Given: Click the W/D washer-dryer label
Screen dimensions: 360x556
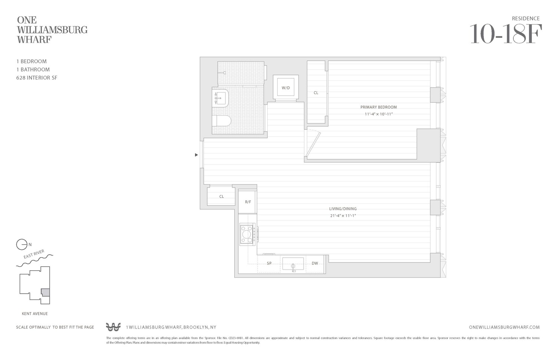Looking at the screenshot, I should click(x=285, y=88).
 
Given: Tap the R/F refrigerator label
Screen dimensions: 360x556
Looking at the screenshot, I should click(x=248, y=202).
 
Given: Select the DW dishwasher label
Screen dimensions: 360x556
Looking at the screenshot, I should click(x=315, y=264).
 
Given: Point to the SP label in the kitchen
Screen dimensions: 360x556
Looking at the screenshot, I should click(x=269, y=264).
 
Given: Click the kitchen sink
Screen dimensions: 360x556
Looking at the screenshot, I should click(x=293, y=264).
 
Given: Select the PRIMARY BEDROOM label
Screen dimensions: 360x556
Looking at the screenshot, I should click(x=378, y=107).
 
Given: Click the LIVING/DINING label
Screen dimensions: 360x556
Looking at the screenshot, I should click(x=342, y=209).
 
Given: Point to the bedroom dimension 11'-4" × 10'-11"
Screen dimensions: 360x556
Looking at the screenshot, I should click(x=378, y=114).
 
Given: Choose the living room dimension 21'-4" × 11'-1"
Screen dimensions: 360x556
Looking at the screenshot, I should click(x=342, y=216).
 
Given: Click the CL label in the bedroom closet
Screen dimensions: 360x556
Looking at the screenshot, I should click(x=316, y=93).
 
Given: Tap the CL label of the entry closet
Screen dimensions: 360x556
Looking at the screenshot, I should click(x=221, y=196).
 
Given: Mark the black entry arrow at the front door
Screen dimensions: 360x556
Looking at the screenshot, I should click(x=196, y=155).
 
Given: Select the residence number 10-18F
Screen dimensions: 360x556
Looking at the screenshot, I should click(x=506, y=34).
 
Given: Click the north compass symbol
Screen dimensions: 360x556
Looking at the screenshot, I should click(x=22, y=245).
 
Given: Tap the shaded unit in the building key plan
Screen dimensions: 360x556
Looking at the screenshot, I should click(x=45, y=292).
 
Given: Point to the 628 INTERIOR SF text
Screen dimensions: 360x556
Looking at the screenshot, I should click(x=37, y=78).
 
